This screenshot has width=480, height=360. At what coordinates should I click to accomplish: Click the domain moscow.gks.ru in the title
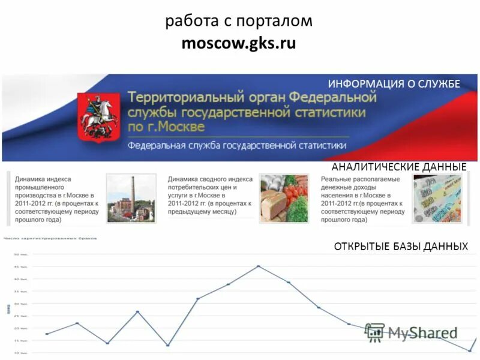239,44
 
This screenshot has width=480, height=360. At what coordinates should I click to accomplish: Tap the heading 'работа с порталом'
239,21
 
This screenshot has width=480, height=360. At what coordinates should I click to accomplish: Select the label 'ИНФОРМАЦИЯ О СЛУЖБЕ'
394,84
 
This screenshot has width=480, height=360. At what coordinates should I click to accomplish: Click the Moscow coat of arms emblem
98,118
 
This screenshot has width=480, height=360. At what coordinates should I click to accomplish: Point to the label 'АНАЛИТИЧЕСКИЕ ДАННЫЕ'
398,166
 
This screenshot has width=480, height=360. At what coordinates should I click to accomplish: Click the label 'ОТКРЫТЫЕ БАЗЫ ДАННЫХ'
400,247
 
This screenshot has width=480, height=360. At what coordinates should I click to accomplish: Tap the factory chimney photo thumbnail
131,198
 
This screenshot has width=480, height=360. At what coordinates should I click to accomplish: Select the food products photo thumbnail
284,198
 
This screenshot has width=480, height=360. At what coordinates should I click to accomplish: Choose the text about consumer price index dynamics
210,196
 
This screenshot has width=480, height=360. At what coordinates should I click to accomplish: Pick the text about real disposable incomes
363,199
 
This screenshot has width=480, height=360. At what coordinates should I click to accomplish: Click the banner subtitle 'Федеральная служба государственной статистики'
237,145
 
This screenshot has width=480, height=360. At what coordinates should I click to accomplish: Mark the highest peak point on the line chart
259,266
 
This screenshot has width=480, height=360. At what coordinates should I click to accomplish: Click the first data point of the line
47,334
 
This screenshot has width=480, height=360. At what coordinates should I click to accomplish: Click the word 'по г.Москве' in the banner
166,127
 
